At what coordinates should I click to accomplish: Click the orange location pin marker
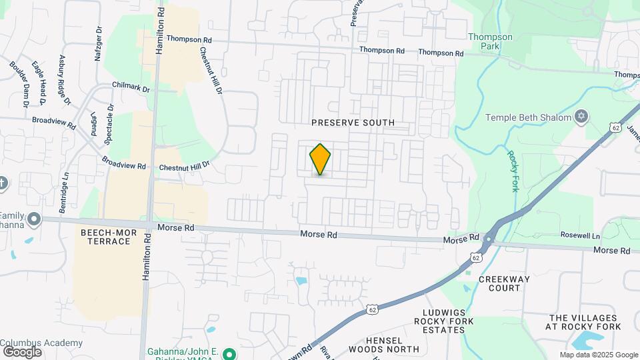click(320, 159)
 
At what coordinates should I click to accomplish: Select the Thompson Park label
click(490, 41)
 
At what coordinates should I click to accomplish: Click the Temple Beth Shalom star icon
click(581, 117)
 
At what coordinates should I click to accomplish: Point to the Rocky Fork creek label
click(513, 171)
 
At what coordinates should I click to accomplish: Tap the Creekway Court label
click(499, 283)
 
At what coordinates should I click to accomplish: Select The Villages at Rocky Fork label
click(585, 322)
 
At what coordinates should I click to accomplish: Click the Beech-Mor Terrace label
click(105, 237)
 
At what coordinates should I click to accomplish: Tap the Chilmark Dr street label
click(131, 87)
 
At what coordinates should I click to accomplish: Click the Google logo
click(22, 351)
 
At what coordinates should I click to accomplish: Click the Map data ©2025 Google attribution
click(598, 355)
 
